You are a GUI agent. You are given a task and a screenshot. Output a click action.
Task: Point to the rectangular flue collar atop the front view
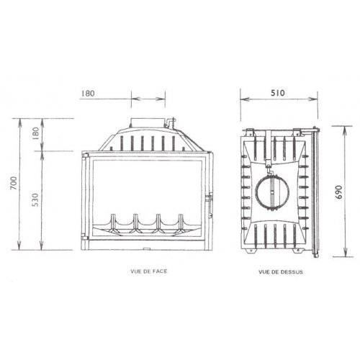tap(148, 124)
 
